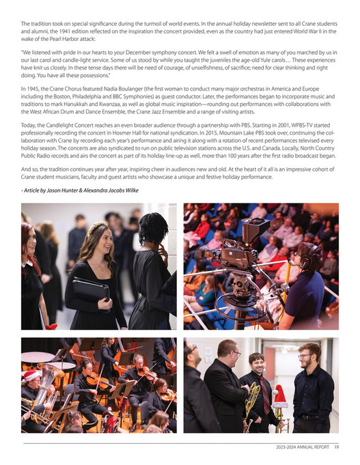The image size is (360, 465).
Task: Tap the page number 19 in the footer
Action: (x=336, y=448)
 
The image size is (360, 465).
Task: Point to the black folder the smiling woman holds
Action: (x=91, y=290)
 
